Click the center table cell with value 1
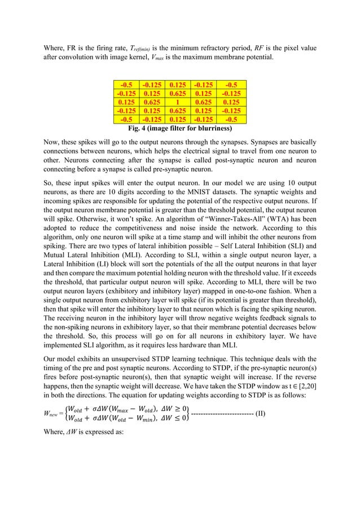tap(179, 103)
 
